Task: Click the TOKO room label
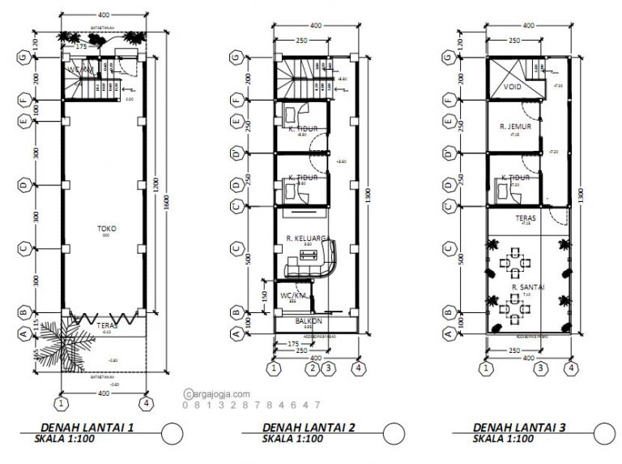coord(105,229)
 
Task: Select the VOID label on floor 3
coord(512,86)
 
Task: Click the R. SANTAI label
coord(527,286)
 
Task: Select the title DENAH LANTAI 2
coord(306,427)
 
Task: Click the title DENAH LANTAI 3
coord(518,427)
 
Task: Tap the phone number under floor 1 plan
coord(252,405)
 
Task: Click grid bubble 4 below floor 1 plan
coord(146,402)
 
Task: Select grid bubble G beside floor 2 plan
coord(236,58)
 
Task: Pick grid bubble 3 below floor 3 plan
coord(538,369)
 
